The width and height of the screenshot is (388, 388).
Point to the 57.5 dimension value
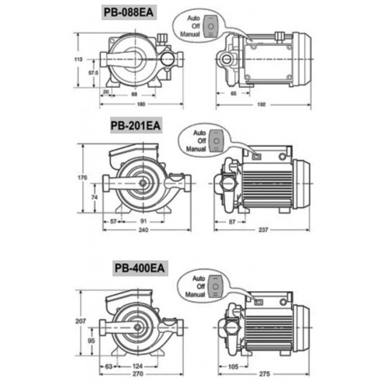pyautogui.click(x=93, y=73)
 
